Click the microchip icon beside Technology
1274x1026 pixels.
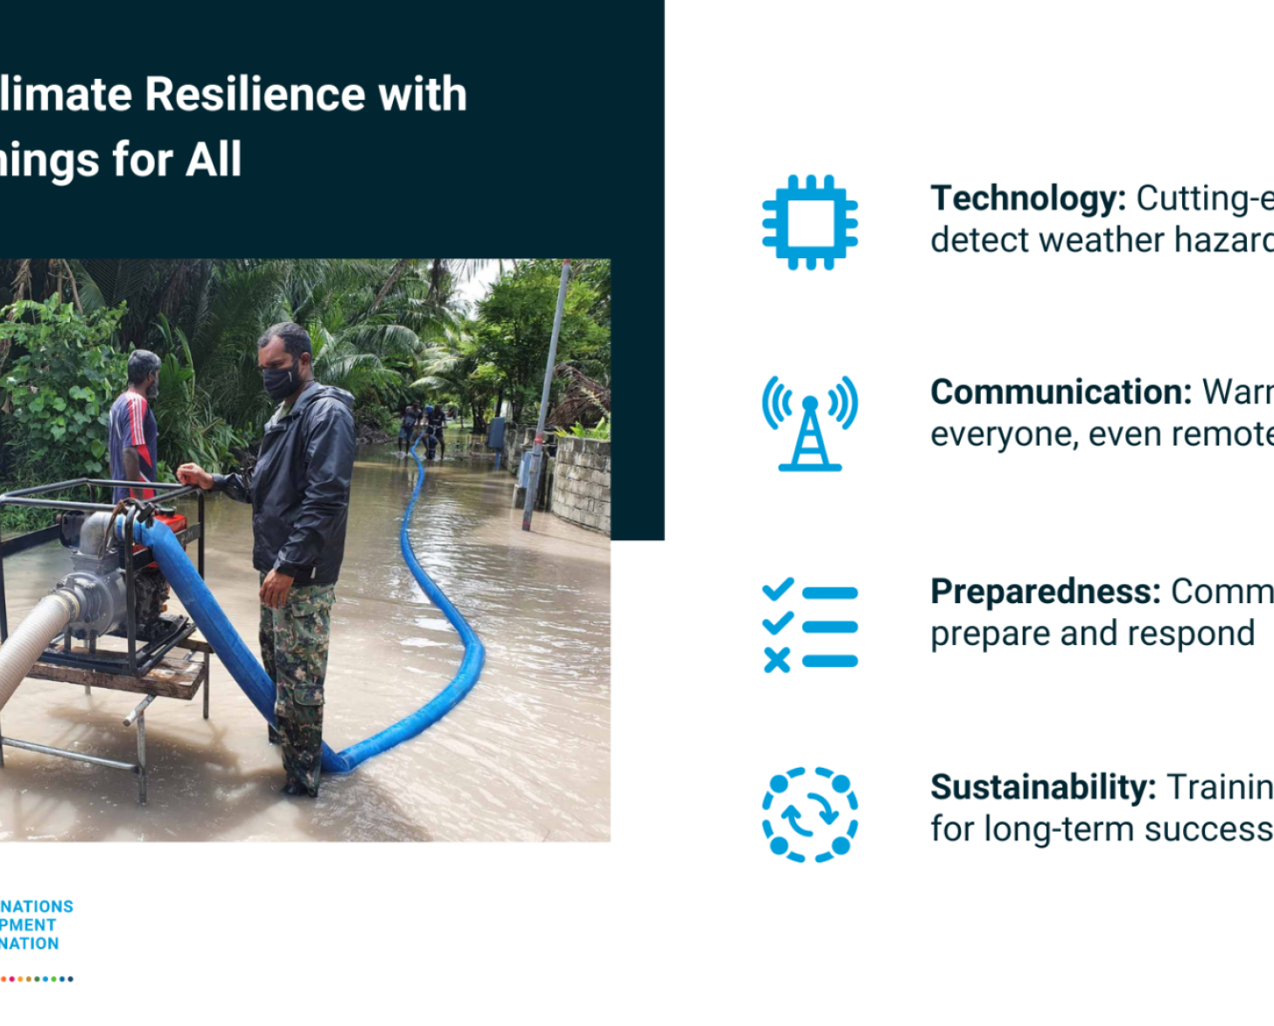pyautogui.click(x=809, y=222)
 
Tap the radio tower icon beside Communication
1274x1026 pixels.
pyautogui.click(x=809, y=424)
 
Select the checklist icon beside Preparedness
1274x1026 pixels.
pyautogui.click(x=809, y=626)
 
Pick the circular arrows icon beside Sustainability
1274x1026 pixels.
pyautogui.click(x=809, y=814)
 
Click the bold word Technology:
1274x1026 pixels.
pyautogui.click(x=1027, y=199)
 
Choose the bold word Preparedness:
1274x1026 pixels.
pyautogui.click(x=1045, y=592)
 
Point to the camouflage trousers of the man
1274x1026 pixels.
pyautogui.click(x=297, y=674)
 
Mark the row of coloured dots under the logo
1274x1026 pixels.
pyautogui.click(x=37, y=979)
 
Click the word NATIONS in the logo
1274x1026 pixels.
pyautogui.click(x=37, y=906)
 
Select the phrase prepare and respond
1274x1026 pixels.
pyautogui.click(x=1092, y=634)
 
